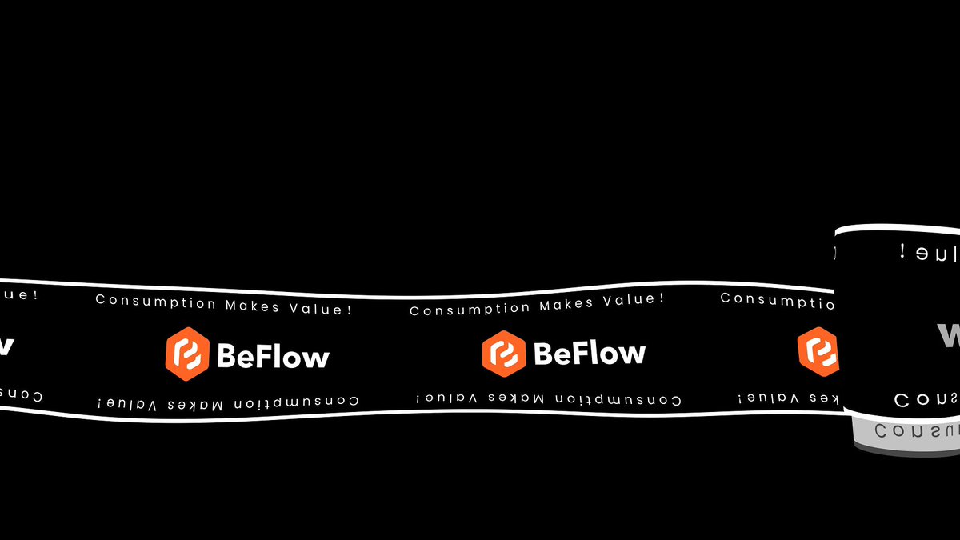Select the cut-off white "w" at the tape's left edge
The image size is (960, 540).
[6, 346]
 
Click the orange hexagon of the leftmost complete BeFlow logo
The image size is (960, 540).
[187, 354]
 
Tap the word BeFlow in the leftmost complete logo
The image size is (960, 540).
[273, 355]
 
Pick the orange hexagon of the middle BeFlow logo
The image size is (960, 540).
[503, 353]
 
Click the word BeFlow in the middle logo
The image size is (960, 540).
[589, 353]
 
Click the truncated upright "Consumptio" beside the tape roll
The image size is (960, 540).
[776, 300]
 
